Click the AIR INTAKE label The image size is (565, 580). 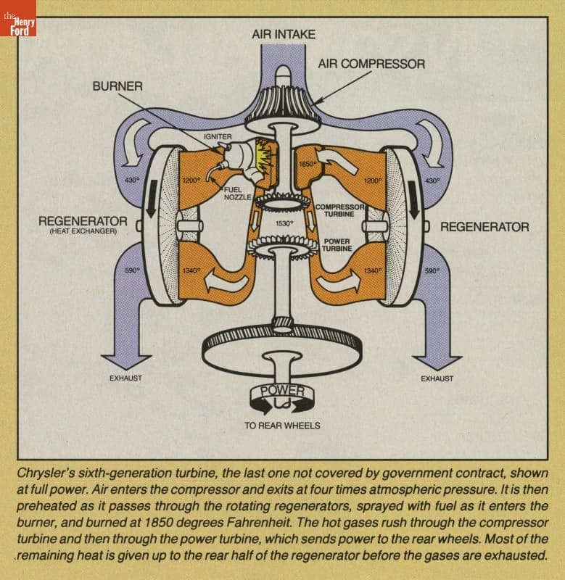click(284, 34)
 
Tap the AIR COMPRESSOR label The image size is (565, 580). click(371, 65)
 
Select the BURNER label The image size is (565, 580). click(117, 86)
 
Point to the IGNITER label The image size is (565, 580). click(218, 136)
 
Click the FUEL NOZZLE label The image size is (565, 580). click(236, 193)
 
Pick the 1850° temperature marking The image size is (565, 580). click(308, 165)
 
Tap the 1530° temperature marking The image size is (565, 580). click(284, 224)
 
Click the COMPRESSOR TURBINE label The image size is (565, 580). click(334, 211)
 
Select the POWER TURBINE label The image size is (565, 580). click(337, 244)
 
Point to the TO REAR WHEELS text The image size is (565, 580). click(282, 426)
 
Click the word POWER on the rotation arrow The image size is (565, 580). click(282, 391)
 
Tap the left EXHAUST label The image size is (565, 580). click(125, 378)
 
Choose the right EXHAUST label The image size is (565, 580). click(437, 378)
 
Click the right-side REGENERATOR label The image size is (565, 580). click(484, 227)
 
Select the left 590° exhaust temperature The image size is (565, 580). click(131, 270)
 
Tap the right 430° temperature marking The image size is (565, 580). click(432, 181)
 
